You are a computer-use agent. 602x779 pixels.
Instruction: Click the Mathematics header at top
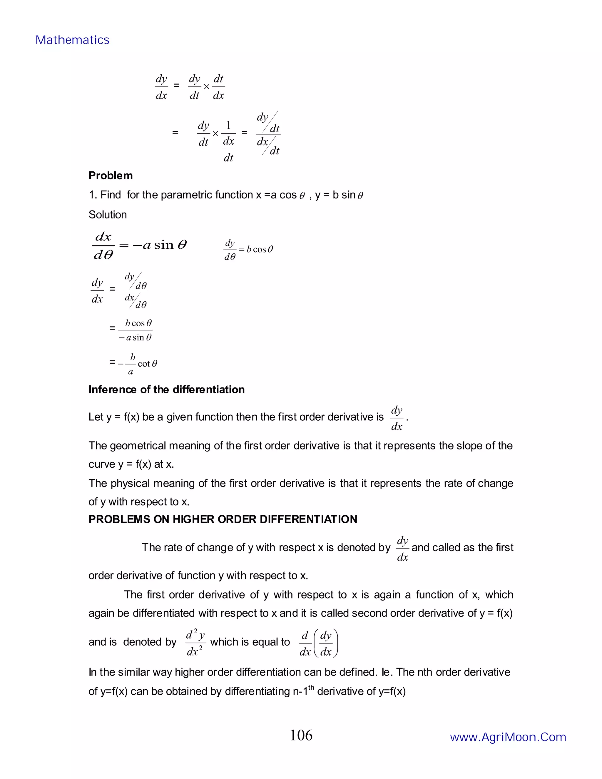coord(72,40)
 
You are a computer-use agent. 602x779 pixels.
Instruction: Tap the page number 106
coord(301,735)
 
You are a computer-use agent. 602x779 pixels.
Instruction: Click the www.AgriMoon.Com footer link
coord(508,737)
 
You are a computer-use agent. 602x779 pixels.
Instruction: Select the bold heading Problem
coord(111,175)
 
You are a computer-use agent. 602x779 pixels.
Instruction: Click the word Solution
coord(108,215)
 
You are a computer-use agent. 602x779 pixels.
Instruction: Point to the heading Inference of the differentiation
coord(167,389)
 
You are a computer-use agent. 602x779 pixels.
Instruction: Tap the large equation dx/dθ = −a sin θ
coord(139,245)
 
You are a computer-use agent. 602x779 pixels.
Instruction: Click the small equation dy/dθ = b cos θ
coord(248,249)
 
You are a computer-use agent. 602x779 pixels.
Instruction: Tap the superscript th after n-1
coord(311,687)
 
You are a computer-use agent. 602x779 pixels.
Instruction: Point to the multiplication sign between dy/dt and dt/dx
coord(206,87)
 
